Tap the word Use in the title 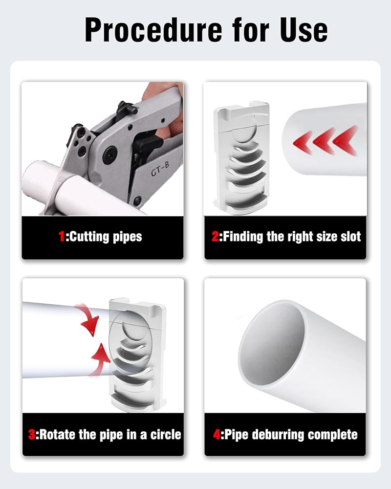tap(304, 30)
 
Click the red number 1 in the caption tap(62, 236)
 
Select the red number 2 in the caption tap(215, 236)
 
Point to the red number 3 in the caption tap(31, 434)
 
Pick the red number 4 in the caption tap(217, 434)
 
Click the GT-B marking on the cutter tap(160, 169)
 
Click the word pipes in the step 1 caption tap(127, 237)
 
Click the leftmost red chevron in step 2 tap(303, 142)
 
